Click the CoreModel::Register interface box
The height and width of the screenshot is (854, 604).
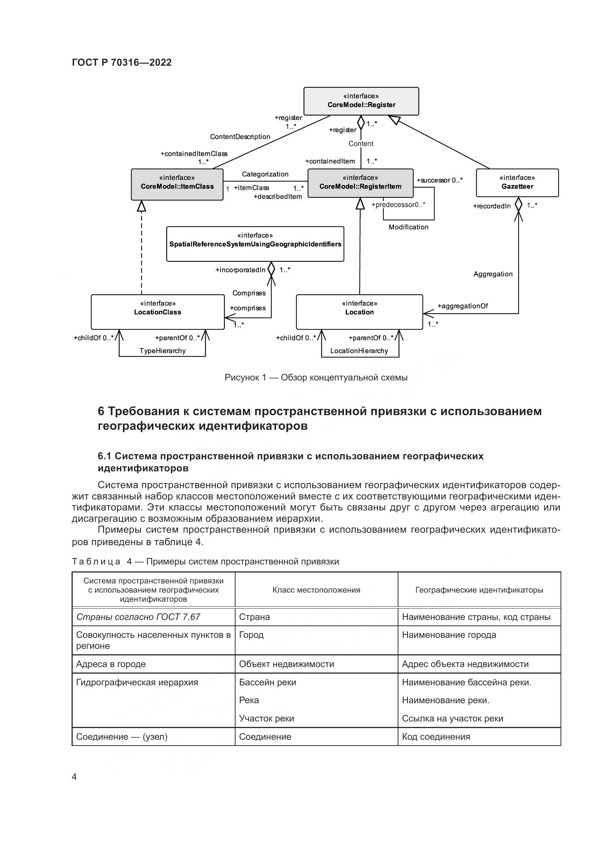[361, 101]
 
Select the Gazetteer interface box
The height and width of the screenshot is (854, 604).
[517, 183]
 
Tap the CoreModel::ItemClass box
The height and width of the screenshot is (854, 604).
[177, 184]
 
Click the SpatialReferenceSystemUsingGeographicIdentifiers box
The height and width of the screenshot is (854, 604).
[255, 244]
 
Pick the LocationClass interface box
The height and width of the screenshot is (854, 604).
[158, 312]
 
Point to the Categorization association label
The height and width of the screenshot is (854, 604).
[265, 174]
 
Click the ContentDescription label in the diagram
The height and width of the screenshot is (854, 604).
[240, 137]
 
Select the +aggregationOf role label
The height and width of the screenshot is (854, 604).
[462, 306]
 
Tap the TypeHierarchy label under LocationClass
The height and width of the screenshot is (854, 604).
[163, 351]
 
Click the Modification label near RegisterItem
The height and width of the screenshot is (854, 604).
[408, 227]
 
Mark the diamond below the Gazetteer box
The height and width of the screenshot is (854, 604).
[518, 204]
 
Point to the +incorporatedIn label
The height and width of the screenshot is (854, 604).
[240, 270]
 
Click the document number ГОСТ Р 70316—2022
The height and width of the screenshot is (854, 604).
[122, 62]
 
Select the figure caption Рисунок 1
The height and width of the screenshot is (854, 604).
[316, 378]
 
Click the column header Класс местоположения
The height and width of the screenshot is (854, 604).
[316, 590]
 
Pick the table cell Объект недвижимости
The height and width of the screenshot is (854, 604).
[286, 664]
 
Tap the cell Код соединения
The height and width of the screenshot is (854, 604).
[436, 736]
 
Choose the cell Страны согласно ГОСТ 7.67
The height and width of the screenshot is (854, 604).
[138, 617]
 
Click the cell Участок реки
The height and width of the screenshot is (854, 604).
[266, 718]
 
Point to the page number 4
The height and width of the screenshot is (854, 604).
[74, 777]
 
